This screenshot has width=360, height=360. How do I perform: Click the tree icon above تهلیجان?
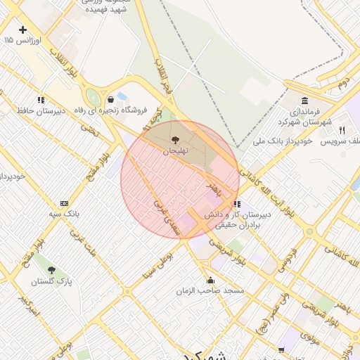coord(174,140)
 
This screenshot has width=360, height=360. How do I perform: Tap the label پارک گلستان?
coord(51,281)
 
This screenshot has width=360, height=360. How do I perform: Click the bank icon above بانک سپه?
coord(64,202)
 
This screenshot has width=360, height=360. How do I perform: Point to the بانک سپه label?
coord(63,212)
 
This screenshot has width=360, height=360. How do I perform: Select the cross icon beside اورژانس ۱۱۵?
coord(23,30)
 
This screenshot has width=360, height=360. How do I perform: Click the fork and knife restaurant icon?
coord(342,129)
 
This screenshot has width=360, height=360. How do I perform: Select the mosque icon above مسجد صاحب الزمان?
coord(211,279)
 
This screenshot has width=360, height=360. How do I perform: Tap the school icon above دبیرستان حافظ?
coord(41,100)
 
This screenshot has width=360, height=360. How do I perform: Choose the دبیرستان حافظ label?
coord(41,111)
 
